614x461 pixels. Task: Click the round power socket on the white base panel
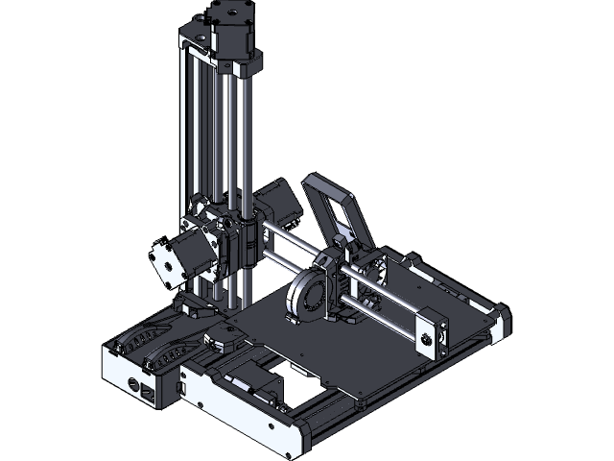pyautogui.click(x=131, y=384)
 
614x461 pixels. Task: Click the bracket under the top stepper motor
pyautogui.click(x=236, y=67)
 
